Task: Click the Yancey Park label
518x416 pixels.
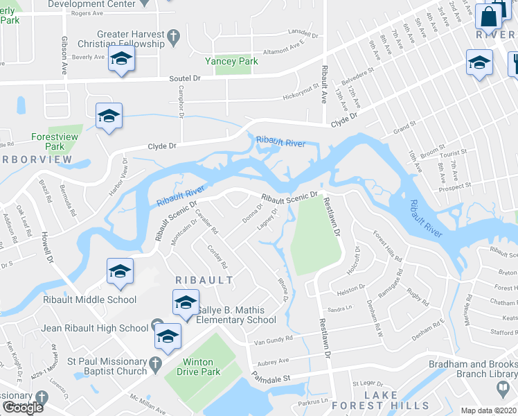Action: coord(231,61)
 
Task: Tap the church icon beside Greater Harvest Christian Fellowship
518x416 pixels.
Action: coord(174,35)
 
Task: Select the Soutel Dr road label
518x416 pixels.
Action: coord(185,79)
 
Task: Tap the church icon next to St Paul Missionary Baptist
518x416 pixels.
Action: coord(157,362)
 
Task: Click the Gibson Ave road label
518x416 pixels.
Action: coord(64,49)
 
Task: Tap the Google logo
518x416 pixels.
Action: coord(22,408)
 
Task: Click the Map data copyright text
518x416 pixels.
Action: coord(488,410)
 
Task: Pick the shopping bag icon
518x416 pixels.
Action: coord(488,16)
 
